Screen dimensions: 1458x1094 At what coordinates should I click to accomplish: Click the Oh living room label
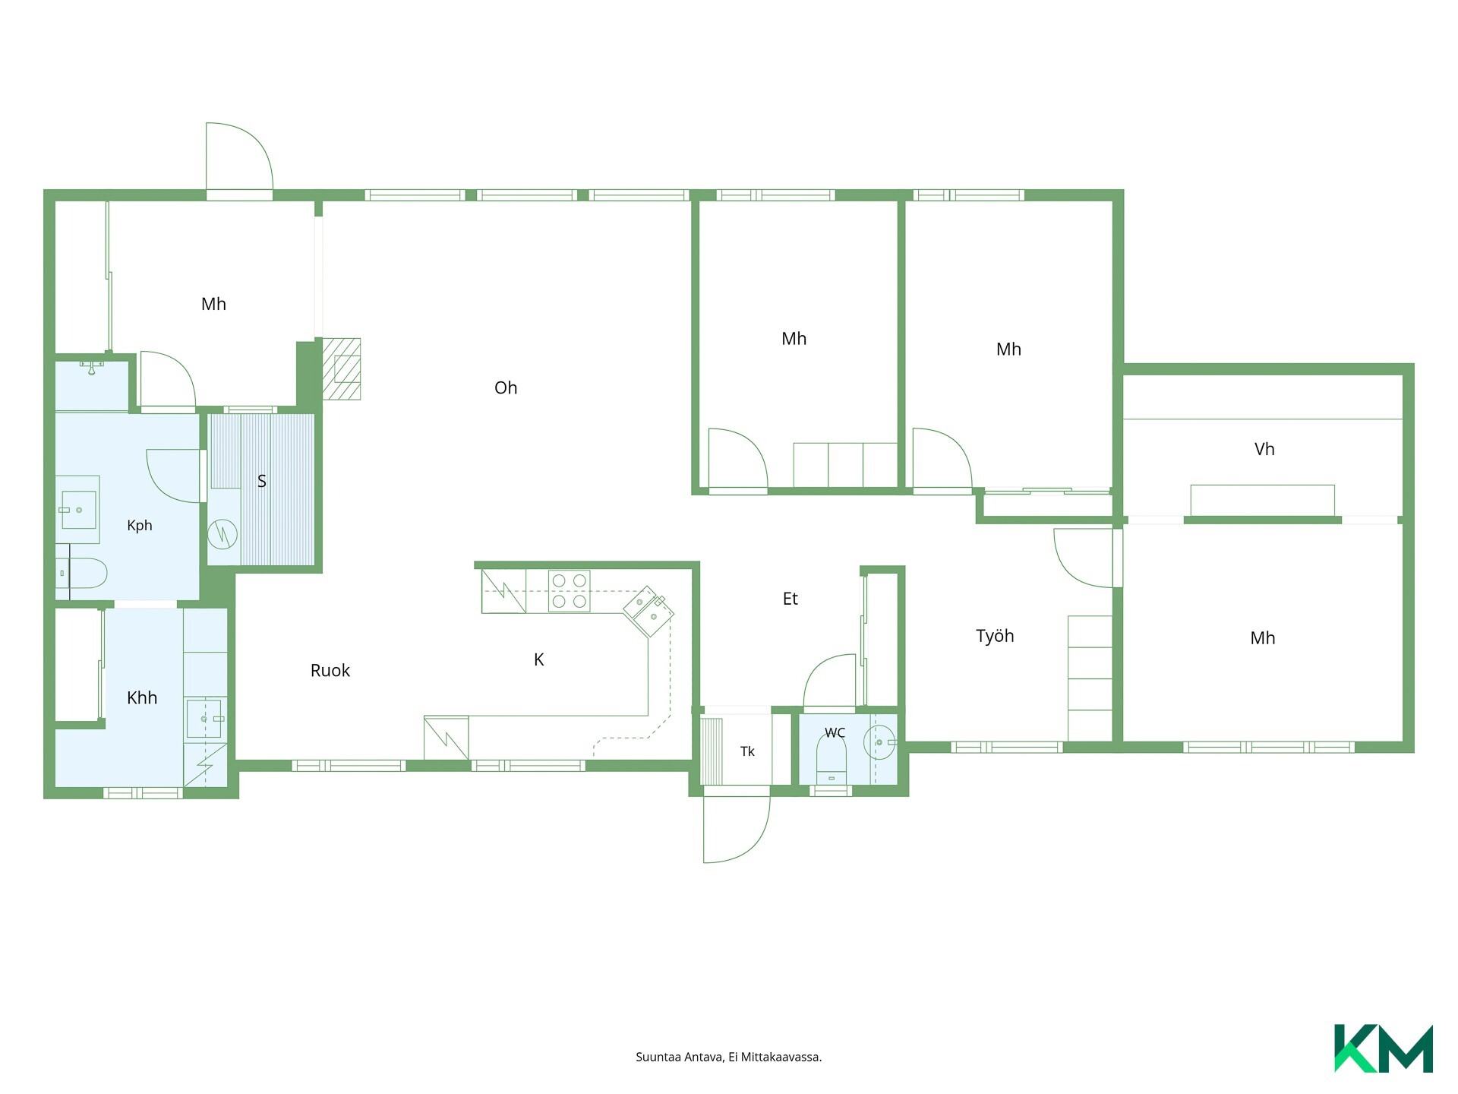(x=506, y=388)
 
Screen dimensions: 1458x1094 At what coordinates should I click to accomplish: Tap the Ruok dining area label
(x=330, y=671)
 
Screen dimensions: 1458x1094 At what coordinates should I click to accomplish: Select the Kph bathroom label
(x=140, y=526)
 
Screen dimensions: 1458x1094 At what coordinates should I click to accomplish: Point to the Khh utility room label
(x=142, y=698)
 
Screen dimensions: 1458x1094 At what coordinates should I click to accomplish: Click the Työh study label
(x=995, y=636)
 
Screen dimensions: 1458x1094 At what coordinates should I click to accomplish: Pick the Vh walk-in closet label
(x=1264, y=449)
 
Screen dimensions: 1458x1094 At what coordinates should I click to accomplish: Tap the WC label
(x=835, y=733)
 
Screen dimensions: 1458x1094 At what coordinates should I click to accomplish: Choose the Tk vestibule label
(x=747, y=751)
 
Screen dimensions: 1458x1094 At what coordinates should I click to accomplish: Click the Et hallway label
(x=791, y=599)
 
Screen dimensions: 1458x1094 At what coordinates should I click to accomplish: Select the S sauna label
(x=262, y=481)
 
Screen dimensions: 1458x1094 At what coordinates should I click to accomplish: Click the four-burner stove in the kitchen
(x=569, y=591)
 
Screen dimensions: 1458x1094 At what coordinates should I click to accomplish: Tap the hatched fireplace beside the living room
(x=342, y=369)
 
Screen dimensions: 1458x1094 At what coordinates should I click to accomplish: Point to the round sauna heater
(x=222, y=534)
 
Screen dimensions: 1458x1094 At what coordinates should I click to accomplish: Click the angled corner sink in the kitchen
(x=649, y=611)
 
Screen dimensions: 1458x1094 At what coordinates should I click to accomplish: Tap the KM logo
(x=1384, y=1048)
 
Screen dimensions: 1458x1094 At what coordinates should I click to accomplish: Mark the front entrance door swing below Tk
(x=737, y=830)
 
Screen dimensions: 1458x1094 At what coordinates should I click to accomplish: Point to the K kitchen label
(x=539, y=659)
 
